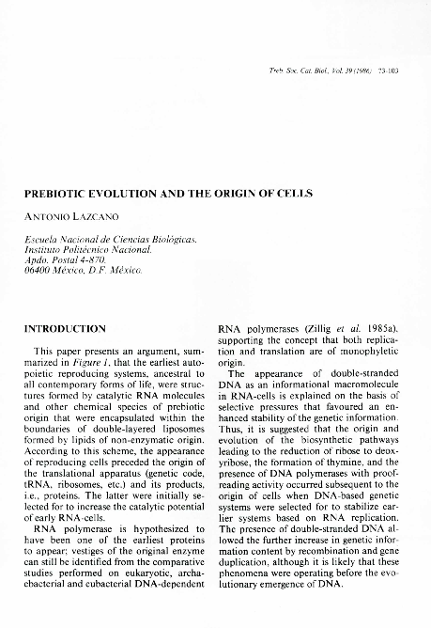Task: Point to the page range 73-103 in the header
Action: coord(388,71)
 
